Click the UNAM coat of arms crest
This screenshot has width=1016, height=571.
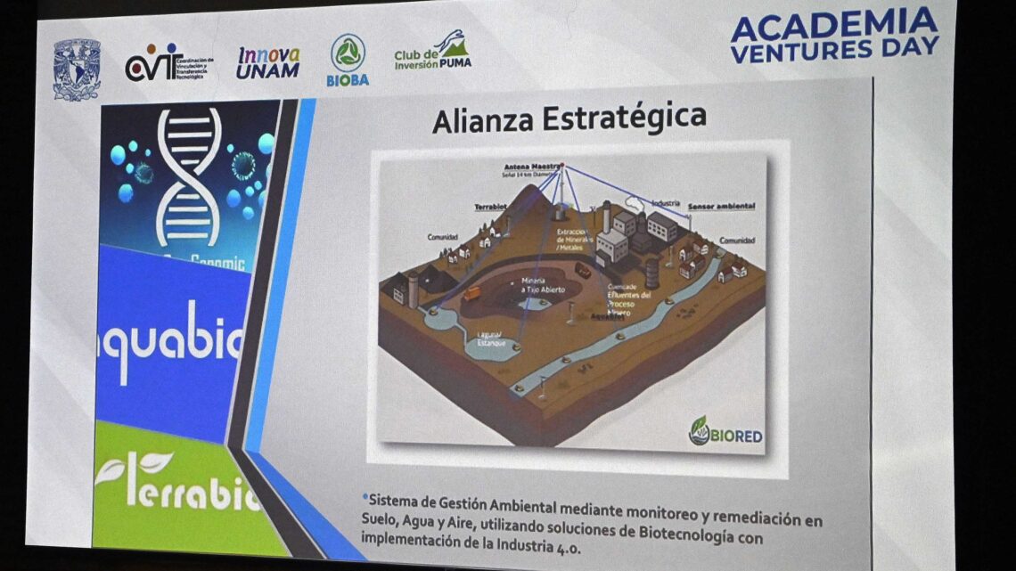pyautogui.click(x=77, y=69)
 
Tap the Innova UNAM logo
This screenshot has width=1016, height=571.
pyautogui.click(x=267, y=62)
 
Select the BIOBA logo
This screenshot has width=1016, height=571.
pyautogui.click(x=348, y=60)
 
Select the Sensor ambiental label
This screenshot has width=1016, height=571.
pyautogui.click(x=722, y=206)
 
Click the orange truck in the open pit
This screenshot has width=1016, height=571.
pyautogui.click(x=472, y=293)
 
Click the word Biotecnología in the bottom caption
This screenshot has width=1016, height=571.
pyautogui.click(x=678, y=534)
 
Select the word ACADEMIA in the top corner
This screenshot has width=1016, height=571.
pyautogui.click(x=832, y=25)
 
